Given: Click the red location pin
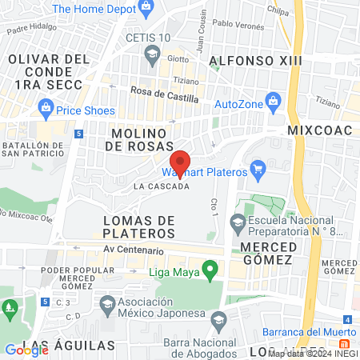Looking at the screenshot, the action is (181, 163).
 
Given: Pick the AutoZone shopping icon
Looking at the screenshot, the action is (274, 102).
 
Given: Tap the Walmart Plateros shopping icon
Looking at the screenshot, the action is (257, 169).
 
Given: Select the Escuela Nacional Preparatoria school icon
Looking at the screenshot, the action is (237, 221).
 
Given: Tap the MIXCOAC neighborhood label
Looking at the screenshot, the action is (316, 128).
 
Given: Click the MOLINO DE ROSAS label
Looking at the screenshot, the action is (138, 138).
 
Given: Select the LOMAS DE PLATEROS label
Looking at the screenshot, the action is (138, 226).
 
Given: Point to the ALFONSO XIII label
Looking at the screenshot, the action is (247, 61).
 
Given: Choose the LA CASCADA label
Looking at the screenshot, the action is (162, 186).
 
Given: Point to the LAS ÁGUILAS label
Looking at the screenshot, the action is (70, 347).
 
